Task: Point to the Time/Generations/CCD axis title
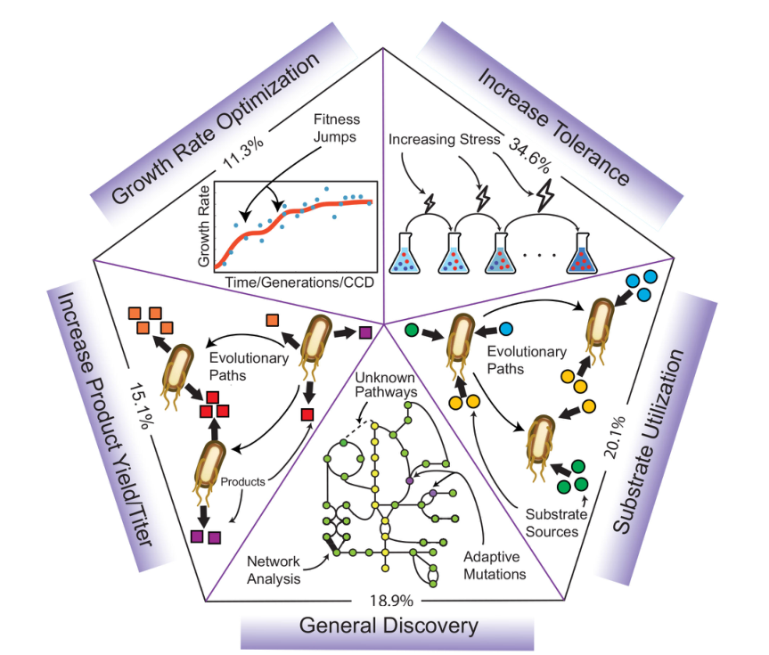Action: [x=294, y=281]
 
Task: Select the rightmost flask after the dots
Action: [x=585, y=253]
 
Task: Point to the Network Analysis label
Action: [x=276, y=570]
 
